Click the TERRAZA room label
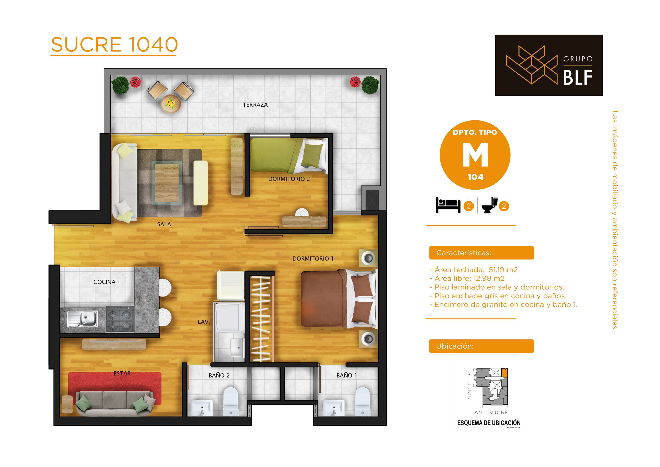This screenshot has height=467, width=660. [x=255, y=105]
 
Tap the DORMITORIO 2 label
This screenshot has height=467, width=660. [x=289, y=179]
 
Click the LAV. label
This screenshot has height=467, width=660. [x=204, y=322]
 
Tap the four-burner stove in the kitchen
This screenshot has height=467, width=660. [x=120, y=319]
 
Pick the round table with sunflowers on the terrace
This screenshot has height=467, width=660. [x=171, y=104]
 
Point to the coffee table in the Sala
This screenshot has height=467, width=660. [x=167, y=183]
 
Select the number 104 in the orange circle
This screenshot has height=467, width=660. [x=475, y=177]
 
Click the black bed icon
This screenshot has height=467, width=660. [x=448, y=205]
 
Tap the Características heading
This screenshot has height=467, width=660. [x=464, y=253]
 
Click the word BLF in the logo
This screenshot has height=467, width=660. [x=578, y=77]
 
